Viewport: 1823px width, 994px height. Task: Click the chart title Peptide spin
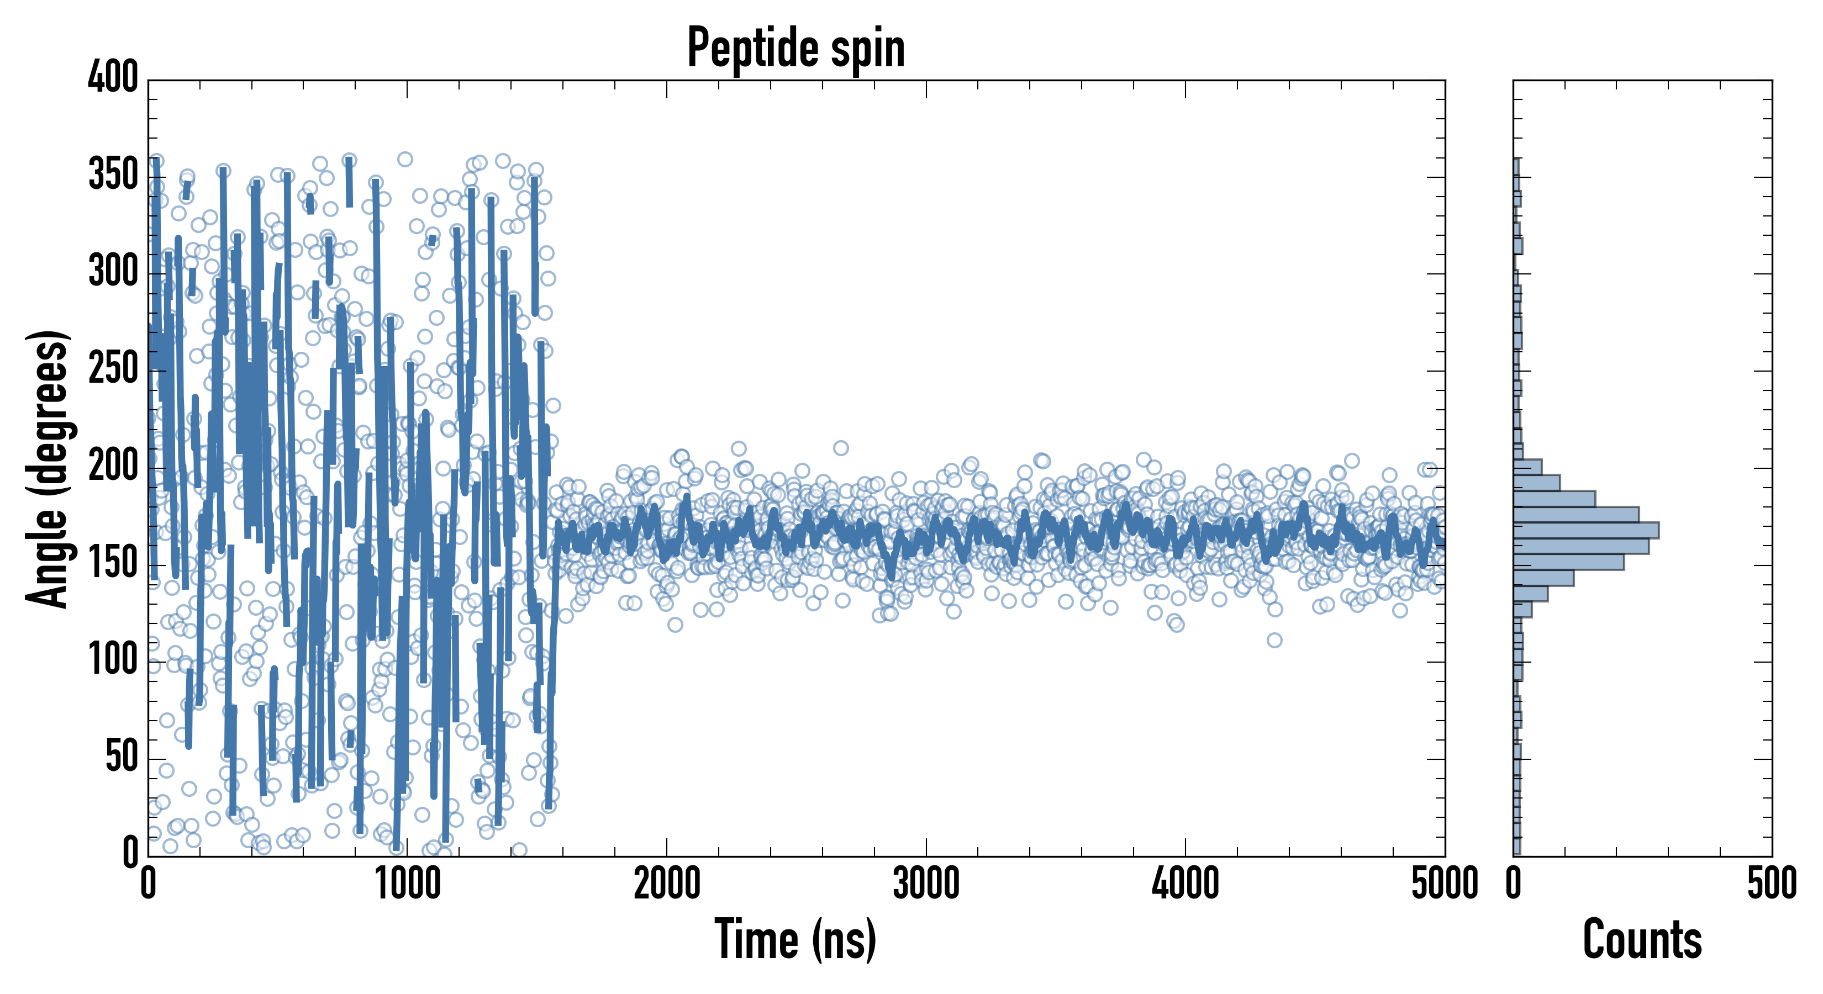pos(796,48)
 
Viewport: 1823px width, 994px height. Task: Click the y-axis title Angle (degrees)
pos(48,468)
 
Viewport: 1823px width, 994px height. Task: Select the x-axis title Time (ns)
pos(796,939)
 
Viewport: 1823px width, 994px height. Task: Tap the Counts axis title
pos(1642,939)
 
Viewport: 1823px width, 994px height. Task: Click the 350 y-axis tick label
pos(113,174)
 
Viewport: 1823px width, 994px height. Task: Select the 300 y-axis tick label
pos(113,271)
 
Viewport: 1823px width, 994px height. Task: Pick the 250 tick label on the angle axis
pos(113,368)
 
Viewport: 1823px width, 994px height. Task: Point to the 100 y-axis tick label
pos(113,659)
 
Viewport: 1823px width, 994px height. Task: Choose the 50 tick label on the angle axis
pos(122,757)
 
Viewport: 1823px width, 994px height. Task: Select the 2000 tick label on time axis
pos(667,884)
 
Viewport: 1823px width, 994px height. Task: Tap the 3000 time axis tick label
pos(926,884)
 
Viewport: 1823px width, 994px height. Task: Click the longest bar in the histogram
pos(1586,531)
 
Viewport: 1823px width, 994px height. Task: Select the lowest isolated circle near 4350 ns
pos(1274,640)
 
